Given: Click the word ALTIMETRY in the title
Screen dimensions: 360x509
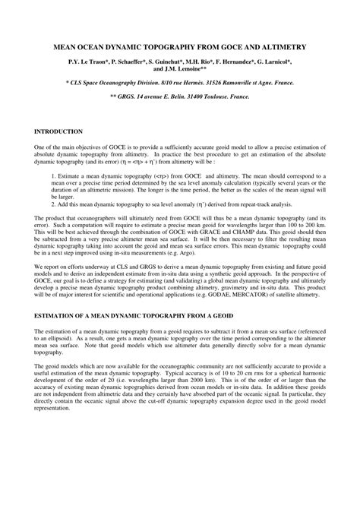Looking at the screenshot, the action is tap(284, 46).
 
